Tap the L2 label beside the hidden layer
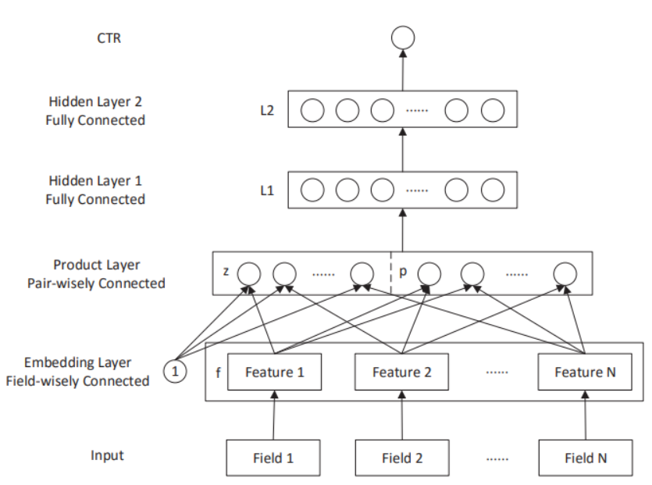coord(267,110)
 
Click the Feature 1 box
coord(273,373)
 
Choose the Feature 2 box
coord(401,373)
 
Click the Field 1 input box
coord(273,458)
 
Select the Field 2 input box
coord(401,458)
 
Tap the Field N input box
coord(585,458)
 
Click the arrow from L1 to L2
coord(403,150)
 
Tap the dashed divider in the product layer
coord(391,273)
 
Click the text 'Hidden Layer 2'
coord(95,102)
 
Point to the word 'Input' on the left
coord(107,455)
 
